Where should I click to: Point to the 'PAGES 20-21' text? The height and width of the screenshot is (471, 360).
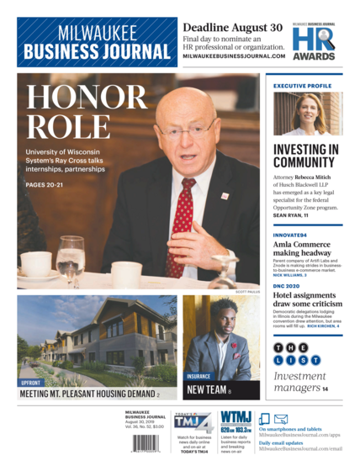[x=47, y=185]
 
